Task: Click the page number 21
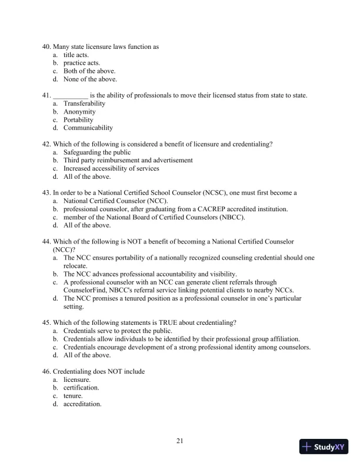(x=180, y=440)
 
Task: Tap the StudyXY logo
(x=323, y=447)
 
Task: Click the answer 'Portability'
(x=78, y=119)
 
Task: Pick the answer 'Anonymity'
(x=79, y=112)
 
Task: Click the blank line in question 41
(x=71, y=95)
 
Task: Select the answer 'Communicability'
(x=88, y=128)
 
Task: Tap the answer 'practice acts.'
(x=82, y=63)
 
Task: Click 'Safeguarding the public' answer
(x=97, y=152)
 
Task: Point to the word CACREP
(x=228, y=209)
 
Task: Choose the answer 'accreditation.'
(x=82, y=404)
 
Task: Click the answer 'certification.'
(x=81, y=388)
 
